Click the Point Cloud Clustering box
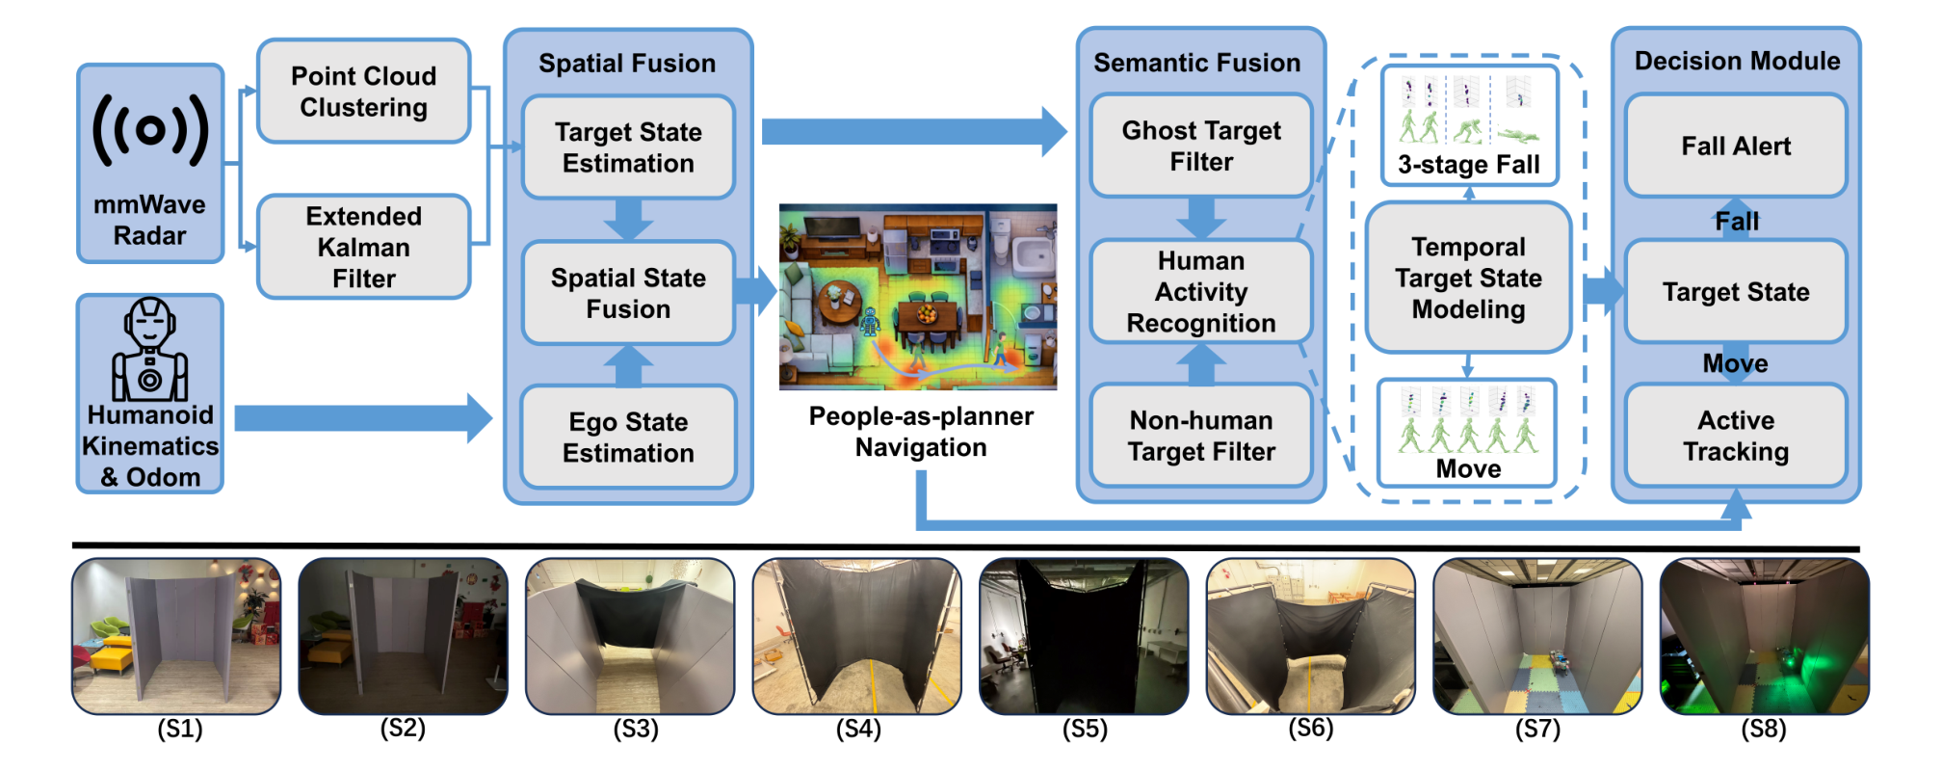[x=364, y=92]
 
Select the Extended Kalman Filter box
[x=364, y=247]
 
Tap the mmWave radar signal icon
[x=150, y=130]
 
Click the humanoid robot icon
[x=150, y=349]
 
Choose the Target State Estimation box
[x=628, y=147]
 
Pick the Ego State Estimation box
[x=628, y=438]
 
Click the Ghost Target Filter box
[x=1201, y=146]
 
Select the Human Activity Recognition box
[x=1201, y=291]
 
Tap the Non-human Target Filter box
[x=1201, y=436]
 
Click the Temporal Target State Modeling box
[x=1468, y=278]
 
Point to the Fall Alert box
[x=1736, y=146]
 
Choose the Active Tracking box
[x=1736, y=436]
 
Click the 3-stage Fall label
[x=1469, y=165]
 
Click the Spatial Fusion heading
[x=627, y=64]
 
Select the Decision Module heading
[x=1737, y=61]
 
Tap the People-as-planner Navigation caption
[x=921, y=432]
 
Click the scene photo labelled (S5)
[x=1084, y=636]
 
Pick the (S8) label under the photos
[x=1763, y=729]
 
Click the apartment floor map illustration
[x=918, y=297]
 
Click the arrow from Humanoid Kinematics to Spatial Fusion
[x=363, y=417]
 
